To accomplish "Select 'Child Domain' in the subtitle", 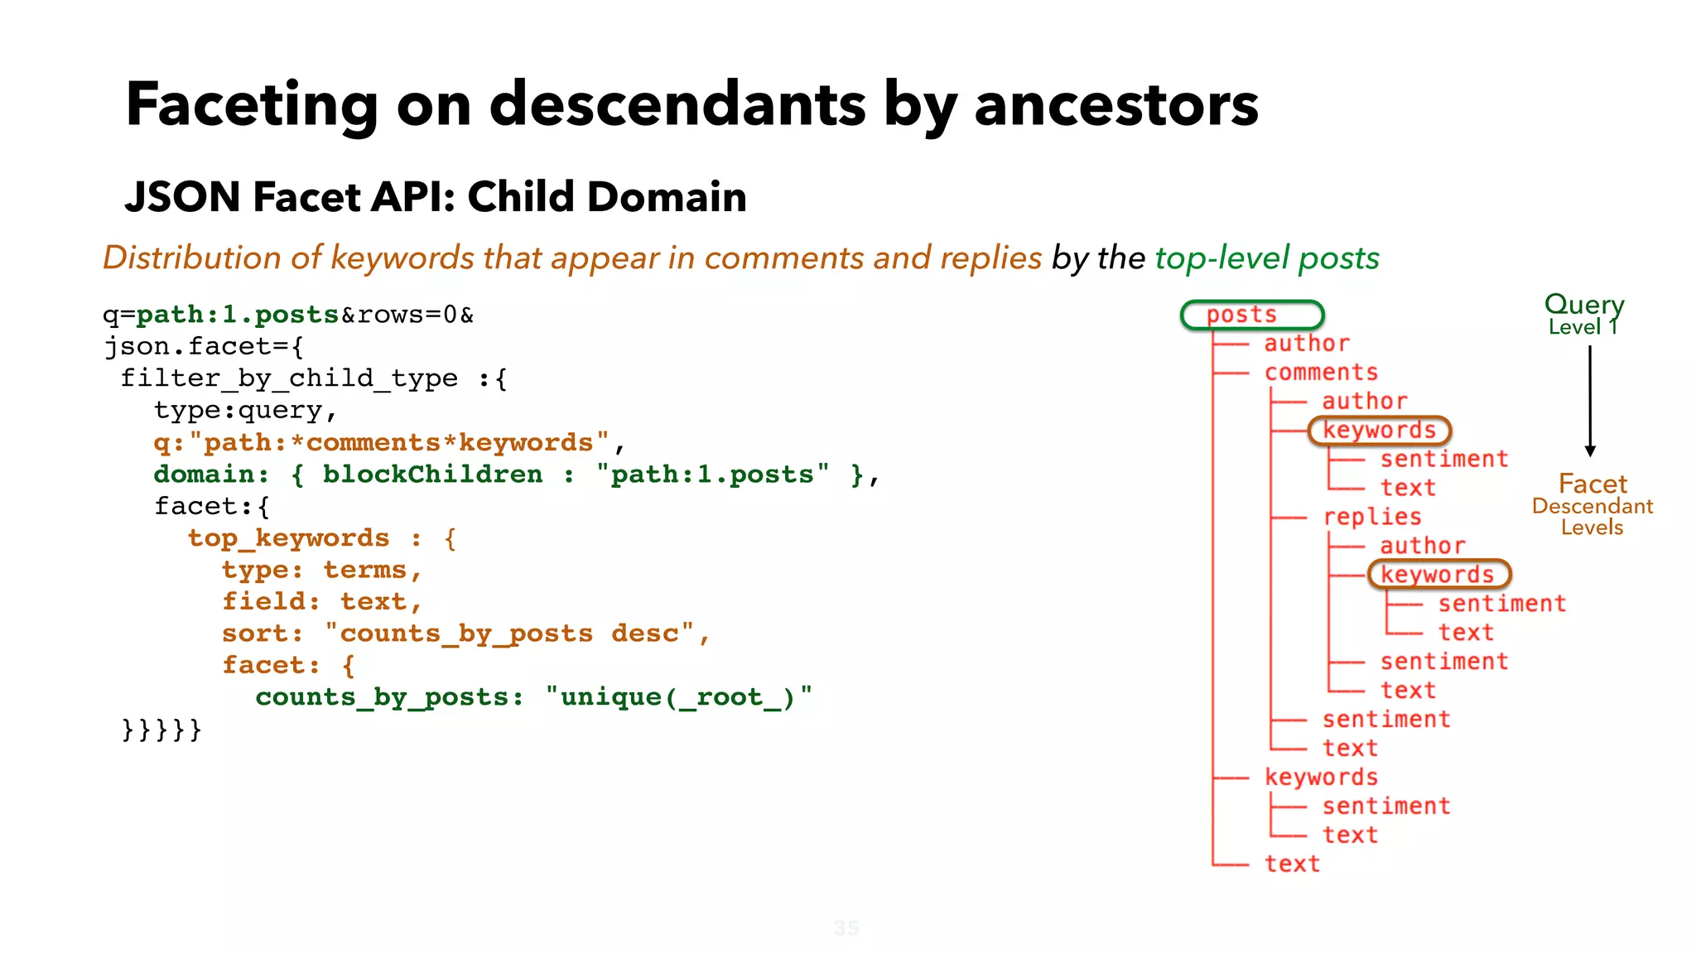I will click(606, 197).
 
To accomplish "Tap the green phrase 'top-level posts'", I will click(1267, 258).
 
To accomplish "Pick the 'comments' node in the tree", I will click(1321, 373).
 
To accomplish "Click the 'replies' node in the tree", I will click(1372, 517).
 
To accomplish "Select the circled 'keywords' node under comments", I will click(1379, 431).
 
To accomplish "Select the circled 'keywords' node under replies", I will click(1438, 575).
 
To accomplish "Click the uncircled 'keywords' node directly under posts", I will click(1321, 777).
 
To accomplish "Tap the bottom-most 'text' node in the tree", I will click(1292, 864).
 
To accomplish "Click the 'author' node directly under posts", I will click(1307, 344).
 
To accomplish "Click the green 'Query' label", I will click(1583, 304).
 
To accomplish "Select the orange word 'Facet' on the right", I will click(1592, 484).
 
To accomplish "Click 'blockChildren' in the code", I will click(432, 475).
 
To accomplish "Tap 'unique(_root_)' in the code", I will click(677, 697).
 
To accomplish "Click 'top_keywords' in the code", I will click(288, 538).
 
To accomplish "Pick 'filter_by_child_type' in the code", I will click(288, 378).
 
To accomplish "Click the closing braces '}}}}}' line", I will click(161, 730).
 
